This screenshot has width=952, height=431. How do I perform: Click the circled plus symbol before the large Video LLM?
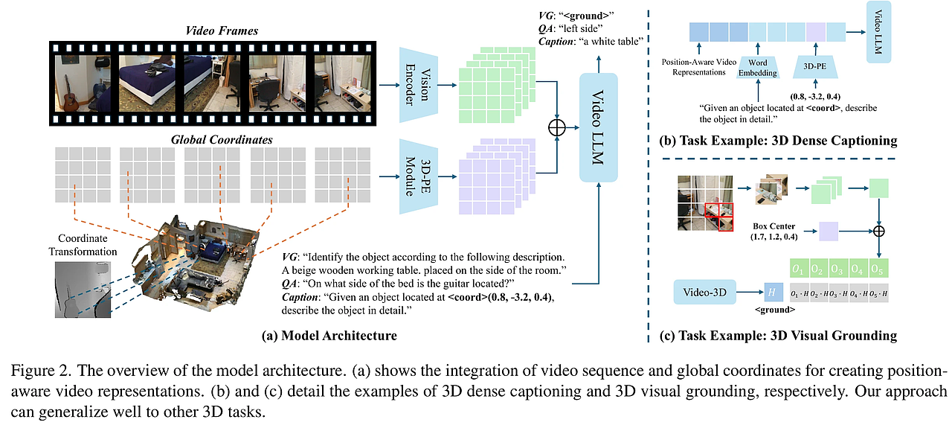coord(557,128)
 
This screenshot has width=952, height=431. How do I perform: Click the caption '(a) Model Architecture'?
coord(329,336)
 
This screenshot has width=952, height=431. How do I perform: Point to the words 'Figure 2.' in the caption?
coord(28,371)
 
